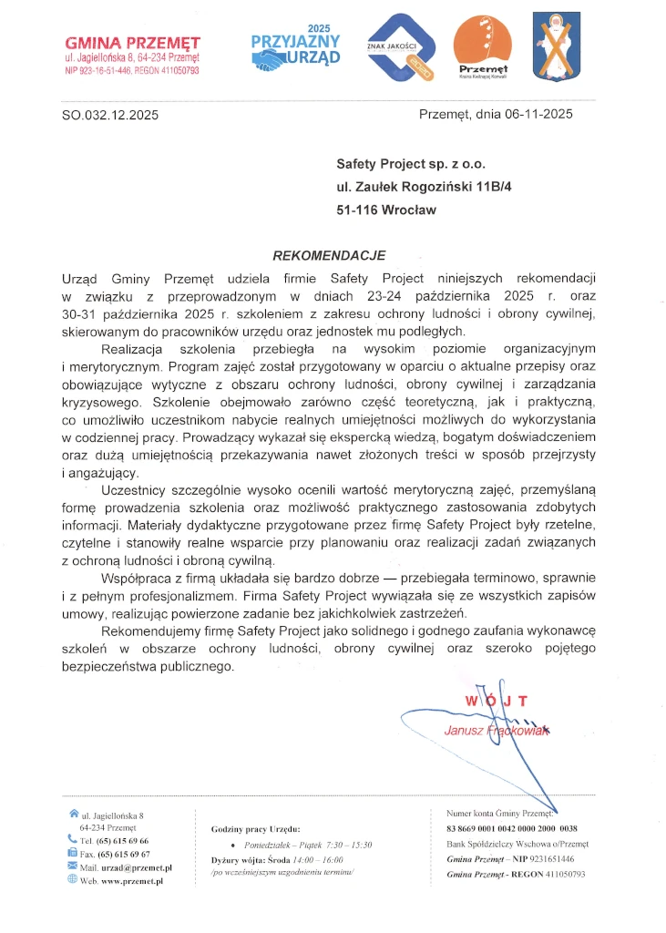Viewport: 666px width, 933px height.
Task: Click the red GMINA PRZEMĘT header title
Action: coord(133,42)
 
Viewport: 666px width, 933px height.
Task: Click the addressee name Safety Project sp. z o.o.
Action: coord(411,165)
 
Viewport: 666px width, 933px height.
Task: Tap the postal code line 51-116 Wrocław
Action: coord(386,210)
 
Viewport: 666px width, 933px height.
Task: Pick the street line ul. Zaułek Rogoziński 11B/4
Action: coord(425,187)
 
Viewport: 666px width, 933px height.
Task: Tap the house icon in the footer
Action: coord(73,814)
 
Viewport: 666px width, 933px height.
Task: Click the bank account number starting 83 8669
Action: coord(511,828)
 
